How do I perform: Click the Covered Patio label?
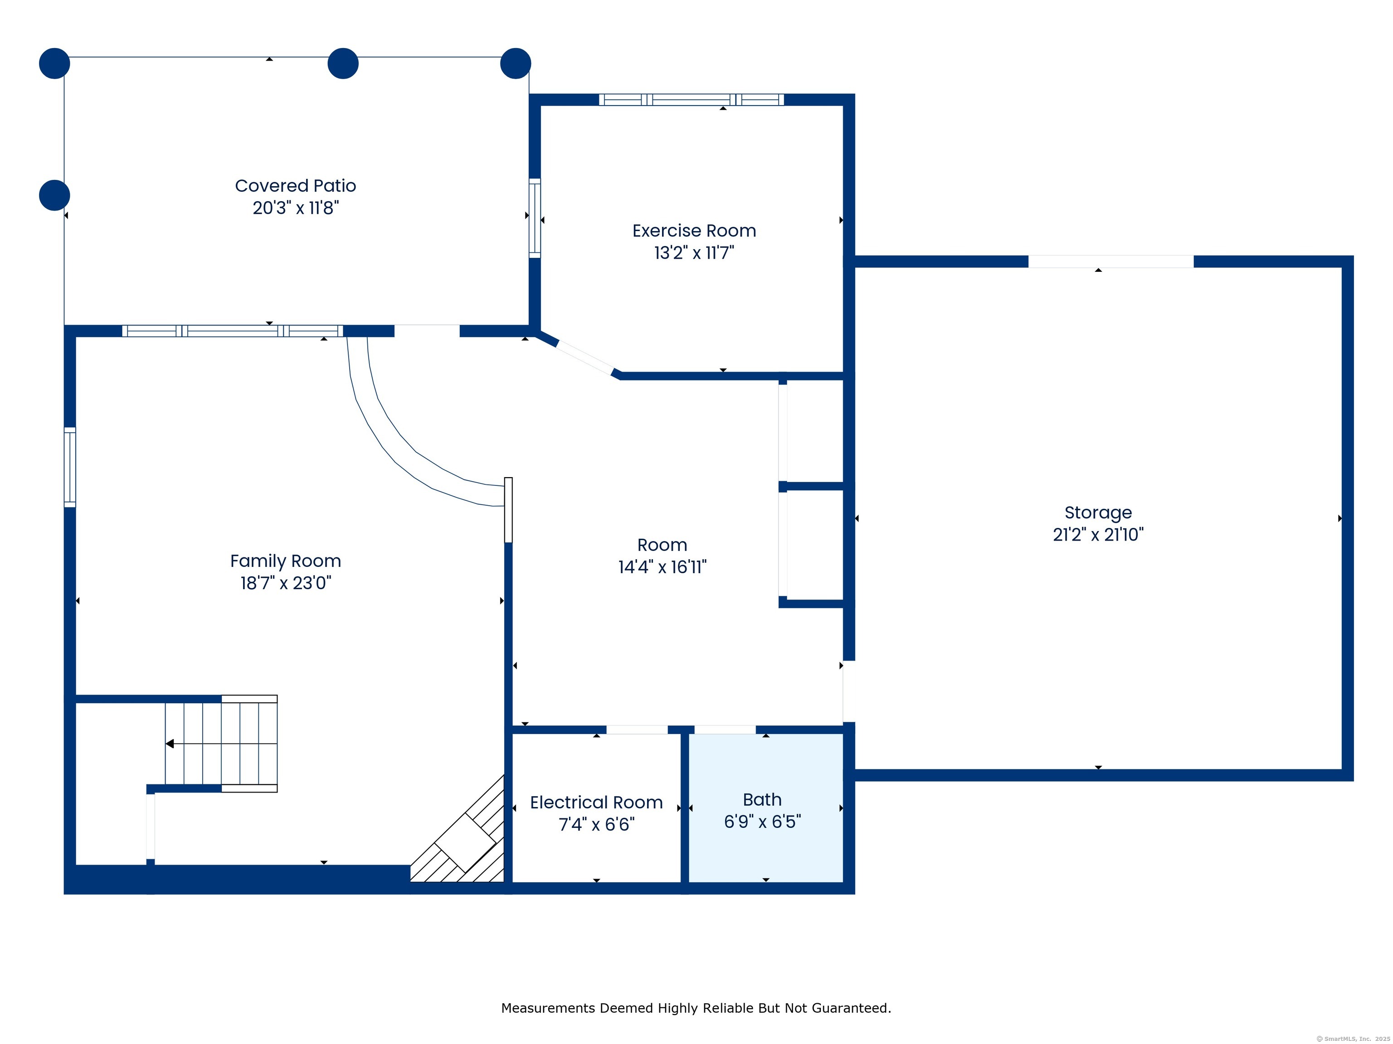295,186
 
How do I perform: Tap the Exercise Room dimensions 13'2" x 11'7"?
694,253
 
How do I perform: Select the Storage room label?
1098,513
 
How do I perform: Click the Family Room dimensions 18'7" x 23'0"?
285,583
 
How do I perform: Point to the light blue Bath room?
766,809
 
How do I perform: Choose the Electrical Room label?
596,802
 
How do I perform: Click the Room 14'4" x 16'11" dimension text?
662,567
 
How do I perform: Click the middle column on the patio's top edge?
343,63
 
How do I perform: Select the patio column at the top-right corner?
516,63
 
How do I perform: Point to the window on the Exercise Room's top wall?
692,99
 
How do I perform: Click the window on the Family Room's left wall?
70,467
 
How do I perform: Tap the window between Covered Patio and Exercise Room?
535,218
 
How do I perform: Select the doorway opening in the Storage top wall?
1111,261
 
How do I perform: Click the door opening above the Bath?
725,730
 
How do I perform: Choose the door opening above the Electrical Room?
637,730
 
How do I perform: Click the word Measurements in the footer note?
549,1008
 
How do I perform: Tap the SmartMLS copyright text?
1354,1039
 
